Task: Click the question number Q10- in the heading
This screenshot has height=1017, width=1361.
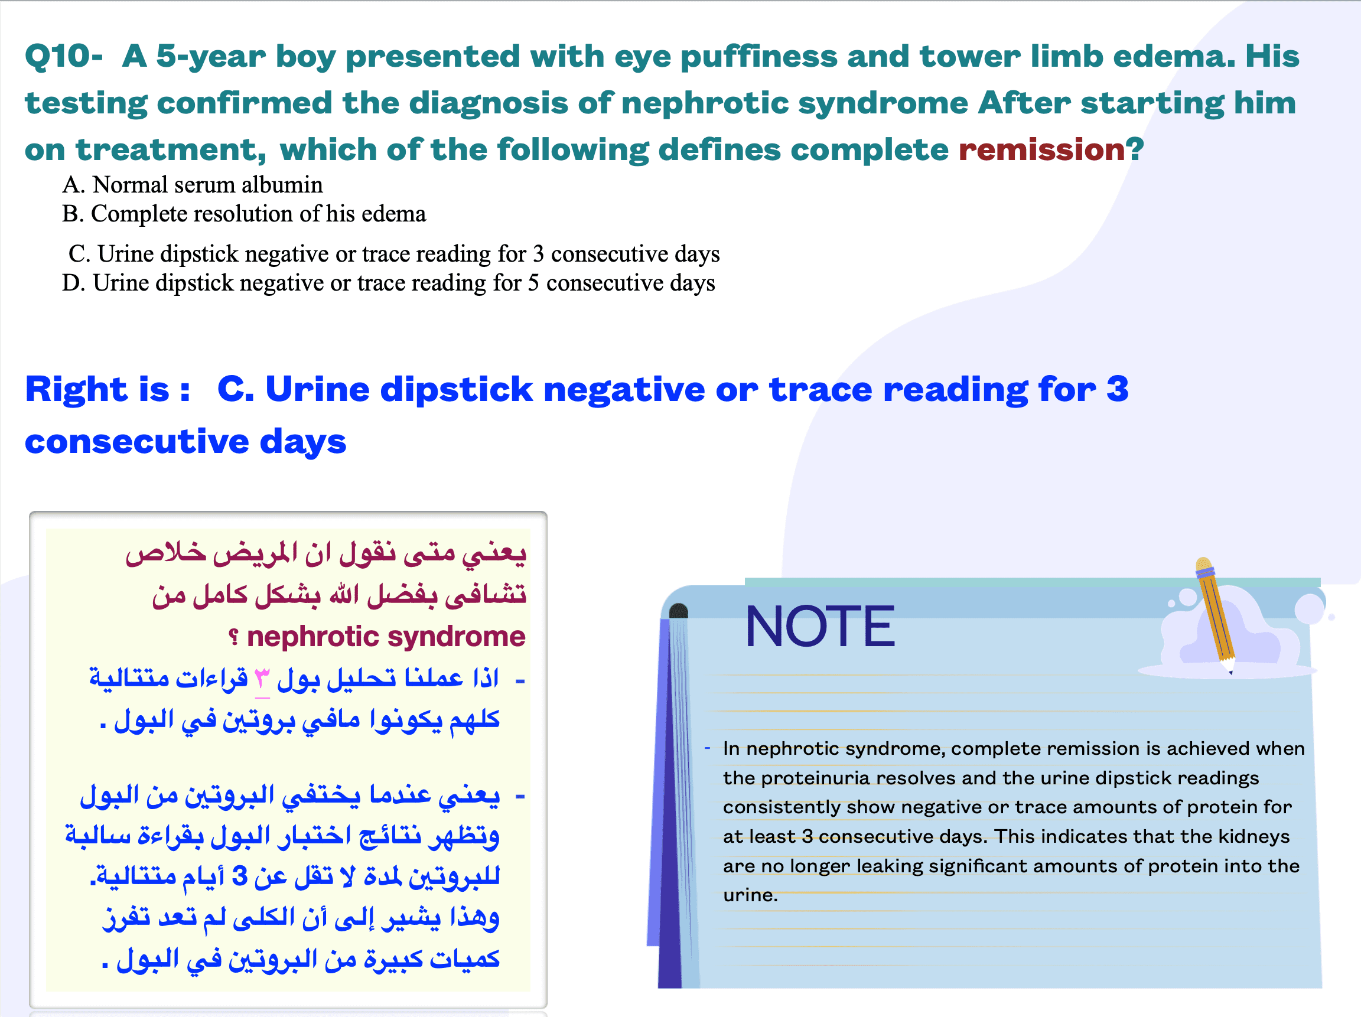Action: (63, 57)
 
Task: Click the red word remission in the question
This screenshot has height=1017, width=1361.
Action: (1041, 149)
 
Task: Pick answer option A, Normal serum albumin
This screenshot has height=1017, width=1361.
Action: (193, 185)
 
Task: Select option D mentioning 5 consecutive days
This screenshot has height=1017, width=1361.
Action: (389, 283)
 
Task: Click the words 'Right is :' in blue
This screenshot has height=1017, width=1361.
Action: (108, 389)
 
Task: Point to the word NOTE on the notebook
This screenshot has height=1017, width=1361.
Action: (820, 626)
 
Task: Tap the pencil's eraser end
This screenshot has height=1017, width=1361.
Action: (1203, 564)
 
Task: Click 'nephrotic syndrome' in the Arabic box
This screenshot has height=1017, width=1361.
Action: (386, 636)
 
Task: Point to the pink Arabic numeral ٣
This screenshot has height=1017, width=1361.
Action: (262, 679)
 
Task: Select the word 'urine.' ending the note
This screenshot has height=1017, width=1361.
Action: (751, 895)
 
